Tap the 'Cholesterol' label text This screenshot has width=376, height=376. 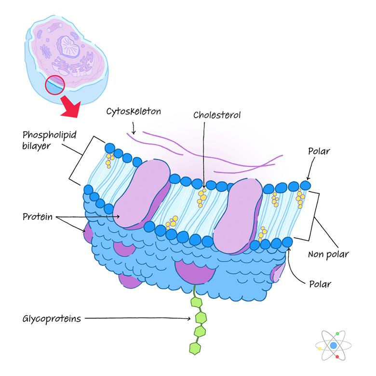click(216, 115)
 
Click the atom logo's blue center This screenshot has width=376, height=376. click(334, 345)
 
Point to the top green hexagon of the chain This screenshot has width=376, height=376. click(196, 302)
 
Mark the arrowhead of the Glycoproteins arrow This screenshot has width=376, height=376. click(190, 318)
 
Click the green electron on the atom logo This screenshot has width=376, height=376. click(340, 334)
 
